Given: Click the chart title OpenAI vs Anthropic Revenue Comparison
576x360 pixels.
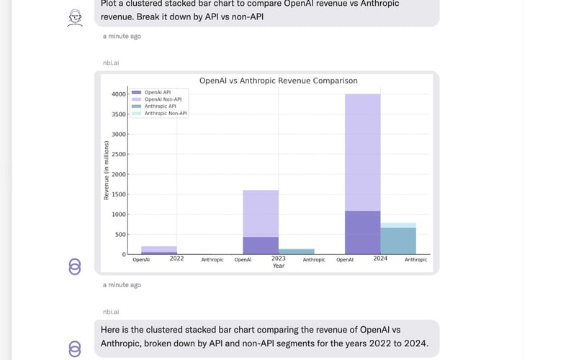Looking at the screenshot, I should click(278, 81).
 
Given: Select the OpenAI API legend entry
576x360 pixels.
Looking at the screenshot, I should click(157, 92).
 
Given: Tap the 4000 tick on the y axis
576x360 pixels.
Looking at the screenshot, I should click(117, 94).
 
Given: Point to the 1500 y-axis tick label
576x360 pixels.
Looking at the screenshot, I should click(117, 194).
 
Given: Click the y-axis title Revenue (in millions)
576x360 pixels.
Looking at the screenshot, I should click(107, 171).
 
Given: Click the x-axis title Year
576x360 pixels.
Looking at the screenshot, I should click(278, 266).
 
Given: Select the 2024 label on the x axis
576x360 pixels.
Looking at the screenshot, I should click(380, 258).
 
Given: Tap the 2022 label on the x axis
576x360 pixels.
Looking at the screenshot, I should click(176, 258).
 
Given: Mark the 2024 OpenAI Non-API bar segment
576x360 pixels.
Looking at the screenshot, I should click(363, 151).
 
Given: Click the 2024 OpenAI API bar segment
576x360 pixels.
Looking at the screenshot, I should click(363, 232).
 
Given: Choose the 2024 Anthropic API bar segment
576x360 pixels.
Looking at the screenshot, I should click(398, 240).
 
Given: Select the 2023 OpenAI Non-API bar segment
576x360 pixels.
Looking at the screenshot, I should click(261, 213).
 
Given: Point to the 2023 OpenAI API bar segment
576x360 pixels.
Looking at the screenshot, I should click(261, 246).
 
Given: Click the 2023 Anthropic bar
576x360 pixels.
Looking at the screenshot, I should click(296, 251).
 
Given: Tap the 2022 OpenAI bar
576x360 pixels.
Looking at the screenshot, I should click(159, 250).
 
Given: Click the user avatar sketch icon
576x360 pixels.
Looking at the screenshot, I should click(74, 18).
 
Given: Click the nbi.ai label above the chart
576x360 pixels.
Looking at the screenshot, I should click(111, 63).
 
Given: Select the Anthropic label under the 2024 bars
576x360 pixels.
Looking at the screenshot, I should click(415, 259).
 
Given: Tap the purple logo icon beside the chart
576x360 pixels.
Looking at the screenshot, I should click(75, 267).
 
